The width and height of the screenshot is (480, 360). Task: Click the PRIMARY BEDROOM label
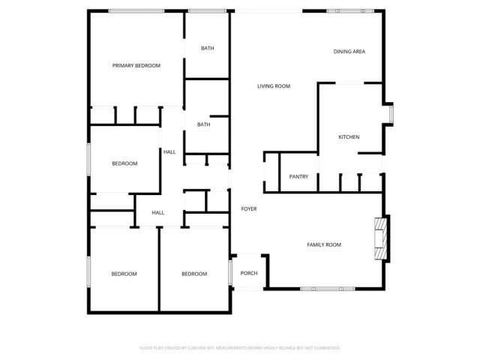(136, 66)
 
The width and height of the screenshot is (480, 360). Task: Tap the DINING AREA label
(349, 52)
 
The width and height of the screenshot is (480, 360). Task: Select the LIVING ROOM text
(274, 87)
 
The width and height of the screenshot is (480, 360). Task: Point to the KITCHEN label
(349, 137)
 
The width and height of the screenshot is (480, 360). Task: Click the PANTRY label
(299, 177)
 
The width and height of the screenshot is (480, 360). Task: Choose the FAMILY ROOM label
(324, 245)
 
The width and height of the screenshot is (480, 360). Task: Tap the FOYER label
(249, 208)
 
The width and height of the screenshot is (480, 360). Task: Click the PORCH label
(249, 273)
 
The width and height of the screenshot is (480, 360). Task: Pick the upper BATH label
(207, 49)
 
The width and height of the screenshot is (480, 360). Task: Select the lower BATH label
(203, 125)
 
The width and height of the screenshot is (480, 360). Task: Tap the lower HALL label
(158, 213)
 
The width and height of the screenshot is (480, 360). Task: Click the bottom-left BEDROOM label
(124, 274)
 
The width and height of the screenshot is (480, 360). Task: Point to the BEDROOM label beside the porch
(194, 274)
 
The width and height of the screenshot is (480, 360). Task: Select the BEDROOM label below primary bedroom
(124, 164)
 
